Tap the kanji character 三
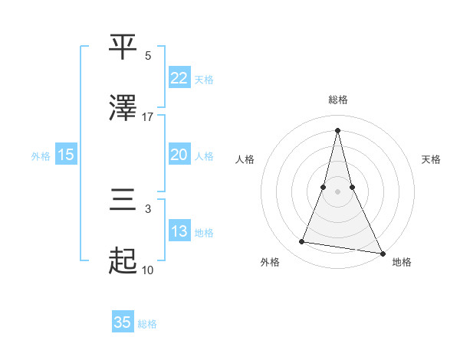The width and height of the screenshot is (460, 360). [123, 200]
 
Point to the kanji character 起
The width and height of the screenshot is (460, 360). [123, 261]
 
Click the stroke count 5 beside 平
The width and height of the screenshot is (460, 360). [148, 56]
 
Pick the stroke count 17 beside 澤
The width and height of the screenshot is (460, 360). [148, 117]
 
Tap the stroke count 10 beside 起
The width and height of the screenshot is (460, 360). [148, 270]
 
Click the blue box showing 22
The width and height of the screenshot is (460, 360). [179, 77]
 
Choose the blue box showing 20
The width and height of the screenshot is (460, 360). [179, 155]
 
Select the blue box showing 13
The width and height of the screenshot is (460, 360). [179, 231]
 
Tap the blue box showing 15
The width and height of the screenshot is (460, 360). [66, 155]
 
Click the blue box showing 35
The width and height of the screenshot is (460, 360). [123, 322]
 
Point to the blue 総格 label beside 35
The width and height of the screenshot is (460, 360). [147, 324]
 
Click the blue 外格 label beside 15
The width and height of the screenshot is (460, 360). [41, 156]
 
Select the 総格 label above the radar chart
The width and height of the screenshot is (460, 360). [338, 100]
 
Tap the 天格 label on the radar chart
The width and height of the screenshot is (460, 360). [431, 159]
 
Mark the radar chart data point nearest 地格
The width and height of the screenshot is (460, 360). [383, 254]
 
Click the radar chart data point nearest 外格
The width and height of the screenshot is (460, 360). [302, 242]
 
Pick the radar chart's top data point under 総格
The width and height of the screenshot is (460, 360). [338, 129]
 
